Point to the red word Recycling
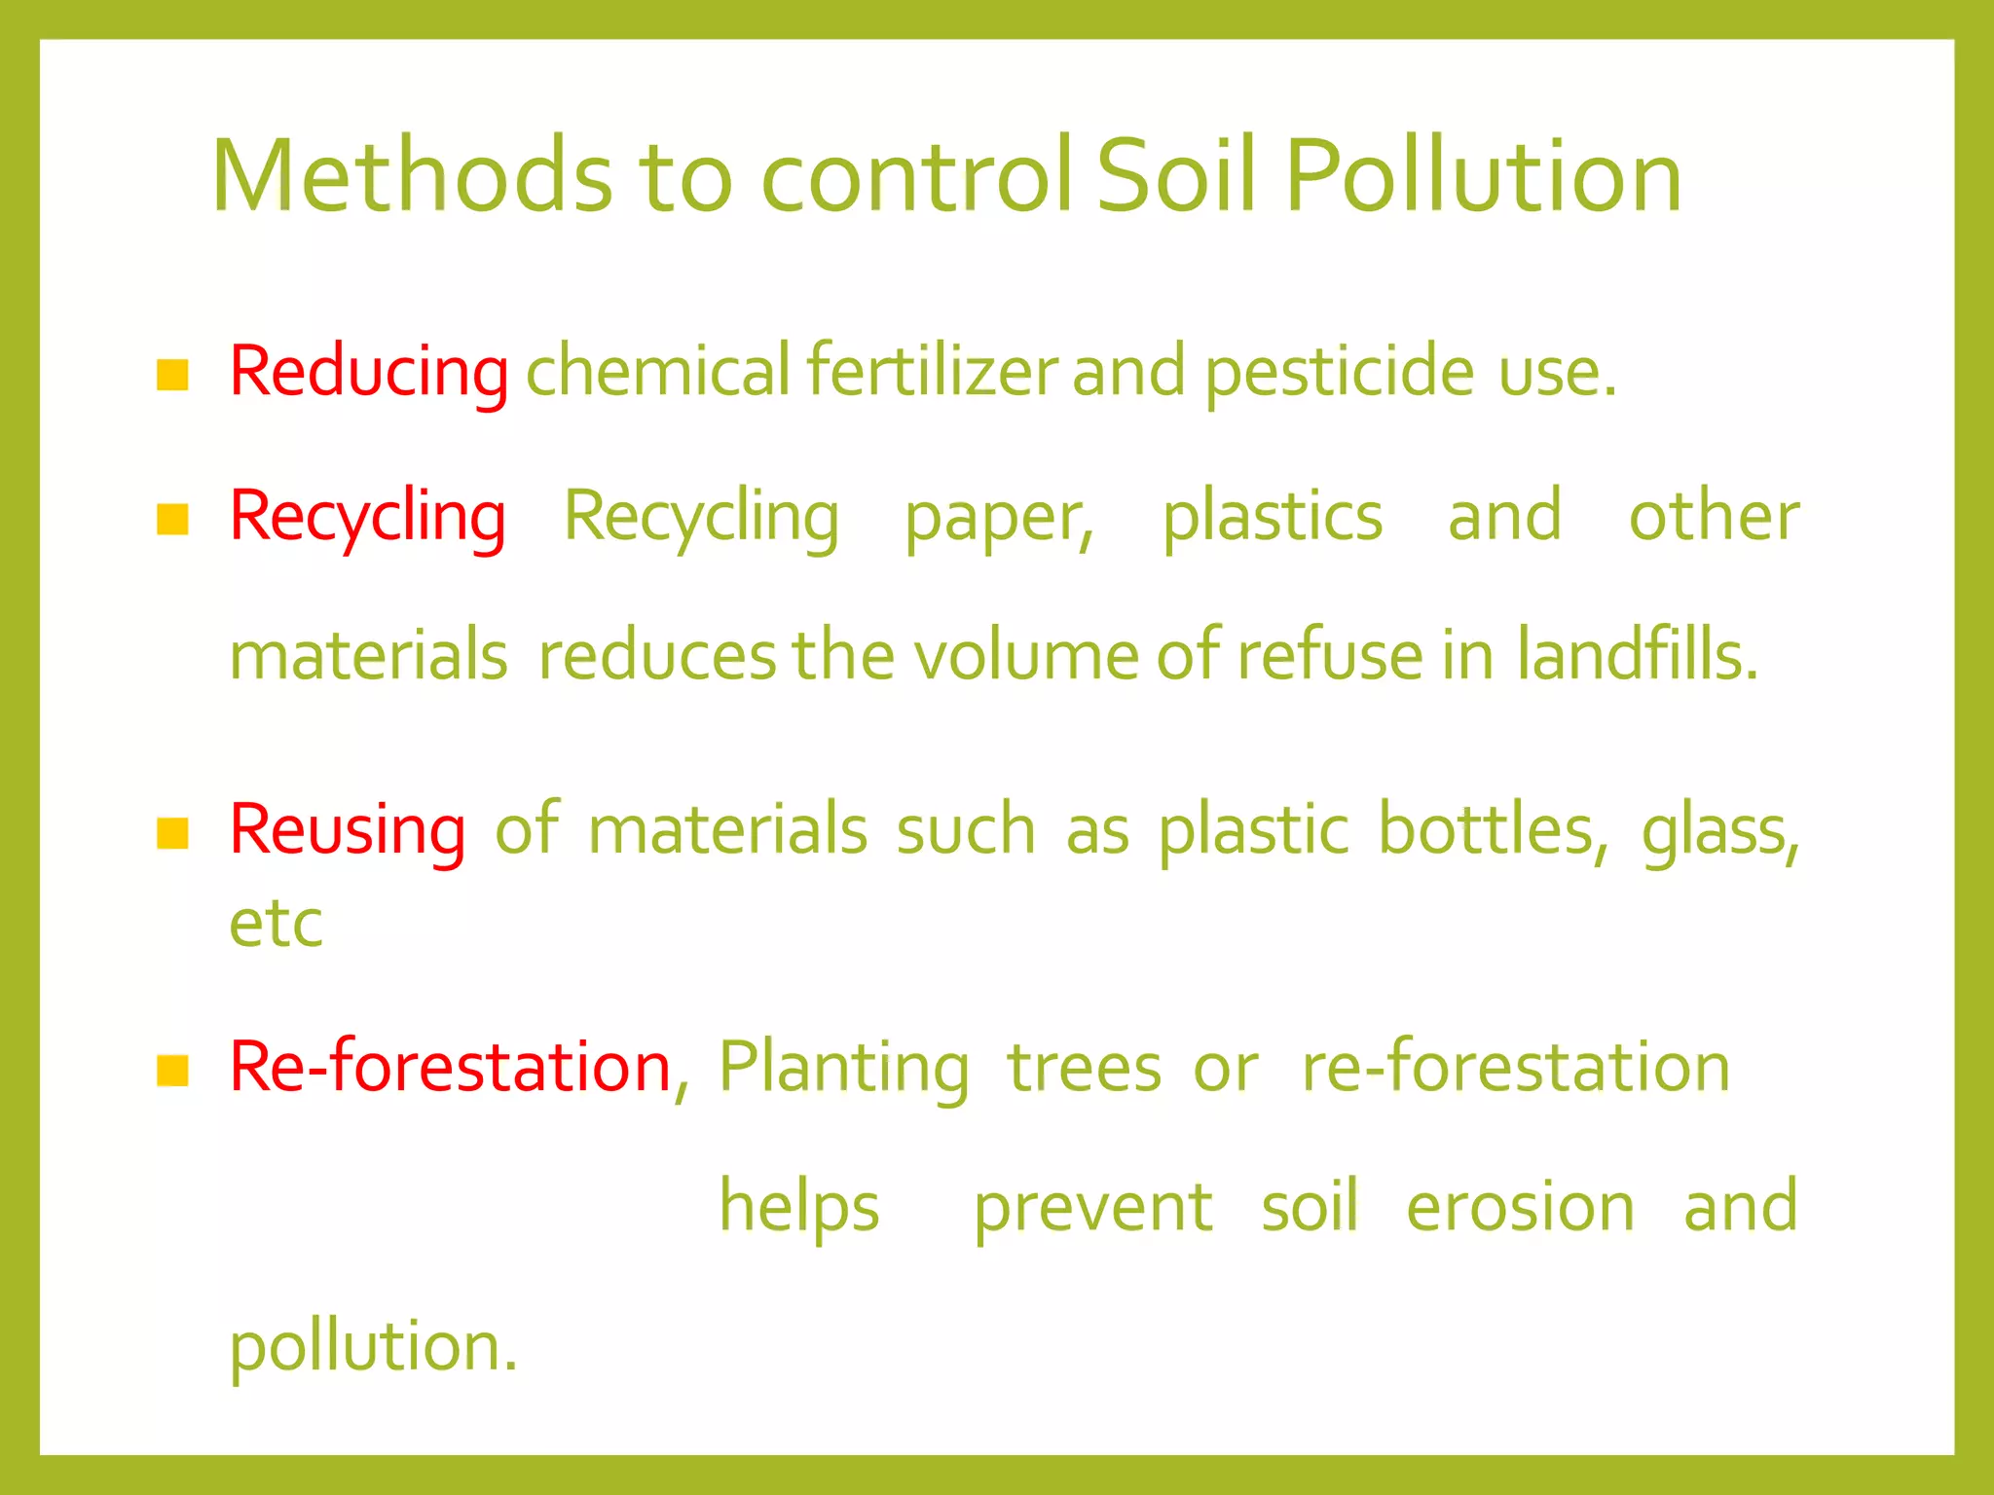point(367,518)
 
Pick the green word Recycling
point(701,518)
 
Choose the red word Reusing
point(348,830)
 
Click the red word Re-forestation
point(451,1068)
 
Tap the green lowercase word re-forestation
point(1516,1068)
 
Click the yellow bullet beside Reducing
point(172,375)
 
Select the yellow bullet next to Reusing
point(172,833)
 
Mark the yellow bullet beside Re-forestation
point(172,1071)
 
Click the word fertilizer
point(932,372)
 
